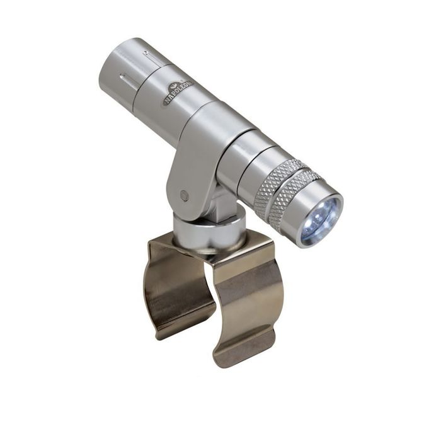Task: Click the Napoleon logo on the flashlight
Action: [178, 92]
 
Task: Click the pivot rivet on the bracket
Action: [184, 195]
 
